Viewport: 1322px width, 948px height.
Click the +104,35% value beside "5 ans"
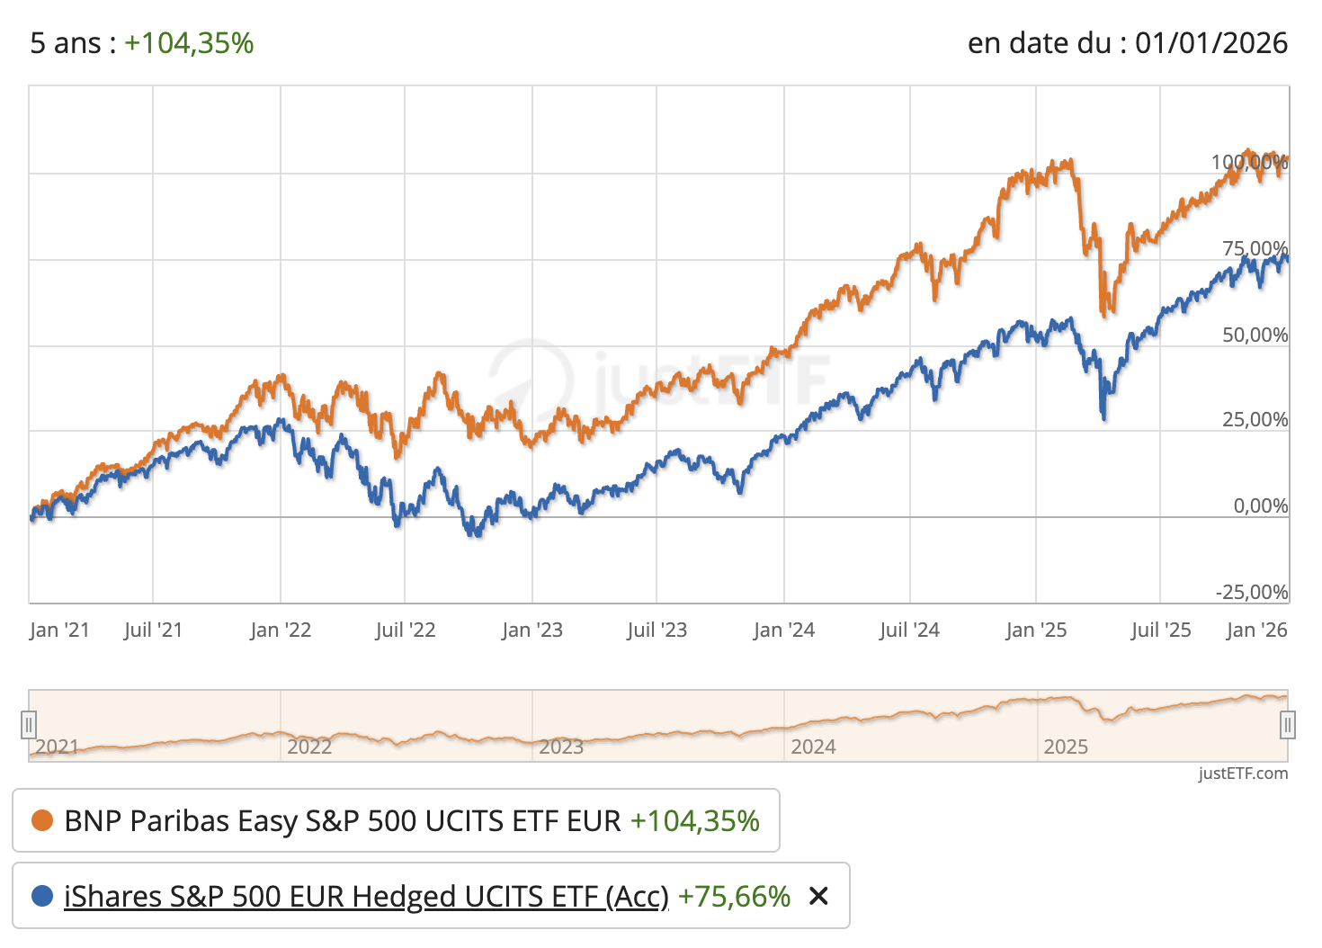tap(189, 43)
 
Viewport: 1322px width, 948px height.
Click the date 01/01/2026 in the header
tap(1210, 43)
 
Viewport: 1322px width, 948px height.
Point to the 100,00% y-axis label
tap(1249, 163)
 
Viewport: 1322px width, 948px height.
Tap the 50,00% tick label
tap(1255, 335)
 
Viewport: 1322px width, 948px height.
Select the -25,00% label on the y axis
tap(1252, 592)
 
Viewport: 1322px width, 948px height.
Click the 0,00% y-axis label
tap(1260, 506)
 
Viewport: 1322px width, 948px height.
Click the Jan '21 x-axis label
tap(59, 630)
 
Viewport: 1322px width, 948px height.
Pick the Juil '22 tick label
tap(406, 630)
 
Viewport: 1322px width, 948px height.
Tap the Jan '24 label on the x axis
tap(784, 630)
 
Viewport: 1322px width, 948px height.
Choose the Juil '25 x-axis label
tap(1161, 630)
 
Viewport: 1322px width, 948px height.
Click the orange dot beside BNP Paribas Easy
tap(42, 820)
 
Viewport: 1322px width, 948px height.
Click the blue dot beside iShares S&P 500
tap(42, 897)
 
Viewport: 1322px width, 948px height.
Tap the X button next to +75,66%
tap(818, 896)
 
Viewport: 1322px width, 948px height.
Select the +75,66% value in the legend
tap(734, 897)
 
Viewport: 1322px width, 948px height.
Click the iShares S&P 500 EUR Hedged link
tap(366, 897)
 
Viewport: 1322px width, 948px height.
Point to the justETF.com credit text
tap(1243, 774)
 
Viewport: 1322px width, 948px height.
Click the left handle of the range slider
tap(29, 724)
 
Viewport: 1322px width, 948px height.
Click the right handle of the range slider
tap(1288, 724)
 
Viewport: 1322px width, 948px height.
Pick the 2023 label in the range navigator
tap(561, 747)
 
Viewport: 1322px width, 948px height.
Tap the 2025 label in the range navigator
tap(1066, 747)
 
